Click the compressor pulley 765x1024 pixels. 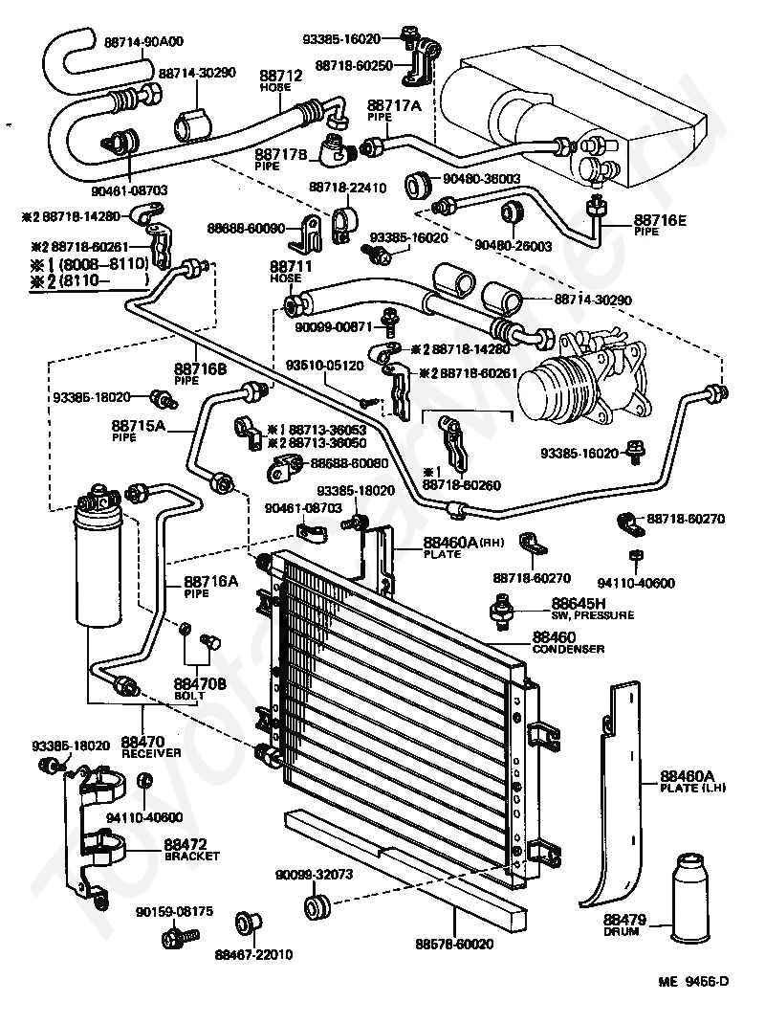click(x=550, y=387)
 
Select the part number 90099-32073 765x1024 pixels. click(x=316, y=874)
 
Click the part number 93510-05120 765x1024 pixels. click(x=325, y=365)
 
